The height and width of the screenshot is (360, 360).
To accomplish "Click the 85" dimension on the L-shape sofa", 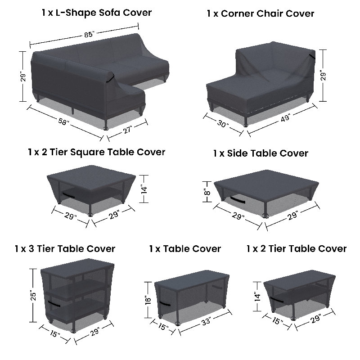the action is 89,35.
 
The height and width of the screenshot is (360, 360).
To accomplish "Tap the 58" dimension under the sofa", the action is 63,121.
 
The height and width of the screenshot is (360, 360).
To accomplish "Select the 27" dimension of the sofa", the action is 127,130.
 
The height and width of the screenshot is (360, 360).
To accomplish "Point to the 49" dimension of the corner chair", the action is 285,118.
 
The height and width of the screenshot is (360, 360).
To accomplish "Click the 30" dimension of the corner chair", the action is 223,124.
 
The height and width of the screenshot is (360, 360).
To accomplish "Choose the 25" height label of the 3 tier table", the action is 33,296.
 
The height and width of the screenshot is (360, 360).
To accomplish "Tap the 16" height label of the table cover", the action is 148,300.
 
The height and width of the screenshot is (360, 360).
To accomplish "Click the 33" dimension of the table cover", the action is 206,321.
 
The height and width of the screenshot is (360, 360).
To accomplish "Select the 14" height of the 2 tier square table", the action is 144,189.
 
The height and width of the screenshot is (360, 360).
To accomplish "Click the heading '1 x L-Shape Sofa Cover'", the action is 97,13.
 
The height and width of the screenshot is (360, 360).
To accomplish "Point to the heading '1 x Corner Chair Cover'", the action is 261,13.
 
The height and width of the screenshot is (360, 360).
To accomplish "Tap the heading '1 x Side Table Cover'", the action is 261,153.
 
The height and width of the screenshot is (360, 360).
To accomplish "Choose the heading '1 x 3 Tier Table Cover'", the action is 65,249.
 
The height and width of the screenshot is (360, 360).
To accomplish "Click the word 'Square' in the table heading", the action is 87,153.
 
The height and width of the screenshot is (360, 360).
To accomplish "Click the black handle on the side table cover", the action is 238,199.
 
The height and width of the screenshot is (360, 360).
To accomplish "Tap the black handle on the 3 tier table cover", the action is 54,304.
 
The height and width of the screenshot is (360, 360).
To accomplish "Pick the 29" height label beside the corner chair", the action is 323,75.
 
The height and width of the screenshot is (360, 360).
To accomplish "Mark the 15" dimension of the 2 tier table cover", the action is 278,320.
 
